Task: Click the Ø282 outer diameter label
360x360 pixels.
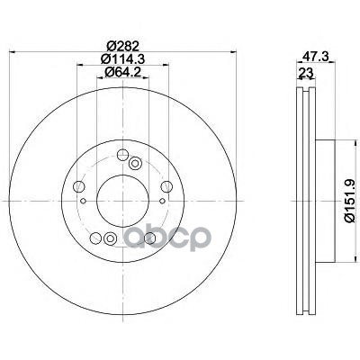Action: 122,46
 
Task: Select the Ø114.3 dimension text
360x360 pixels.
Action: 122,58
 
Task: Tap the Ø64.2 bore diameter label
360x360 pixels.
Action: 122,72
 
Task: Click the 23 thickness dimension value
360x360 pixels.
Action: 306,73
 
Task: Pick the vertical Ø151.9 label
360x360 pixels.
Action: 350,202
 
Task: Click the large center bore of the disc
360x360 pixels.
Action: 122,201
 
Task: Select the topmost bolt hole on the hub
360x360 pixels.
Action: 122,155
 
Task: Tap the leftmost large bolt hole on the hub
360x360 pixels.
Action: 79,186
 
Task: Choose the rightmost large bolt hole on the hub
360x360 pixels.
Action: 166,186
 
